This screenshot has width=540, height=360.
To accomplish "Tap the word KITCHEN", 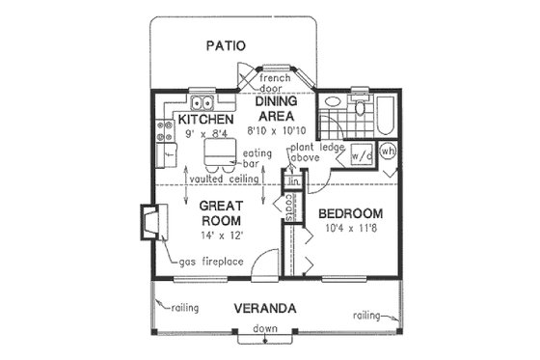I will tap(206, 120).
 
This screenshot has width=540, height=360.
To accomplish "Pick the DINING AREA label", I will tap(282, 107).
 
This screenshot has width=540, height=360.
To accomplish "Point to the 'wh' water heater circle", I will tap(388, 152).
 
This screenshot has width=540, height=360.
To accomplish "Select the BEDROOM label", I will tap(350, 213).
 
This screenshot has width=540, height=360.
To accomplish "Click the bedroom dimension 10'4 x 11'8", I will tap(349, 231).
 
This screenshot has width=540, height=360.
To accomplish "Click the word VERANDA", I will tap(264, 309).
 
